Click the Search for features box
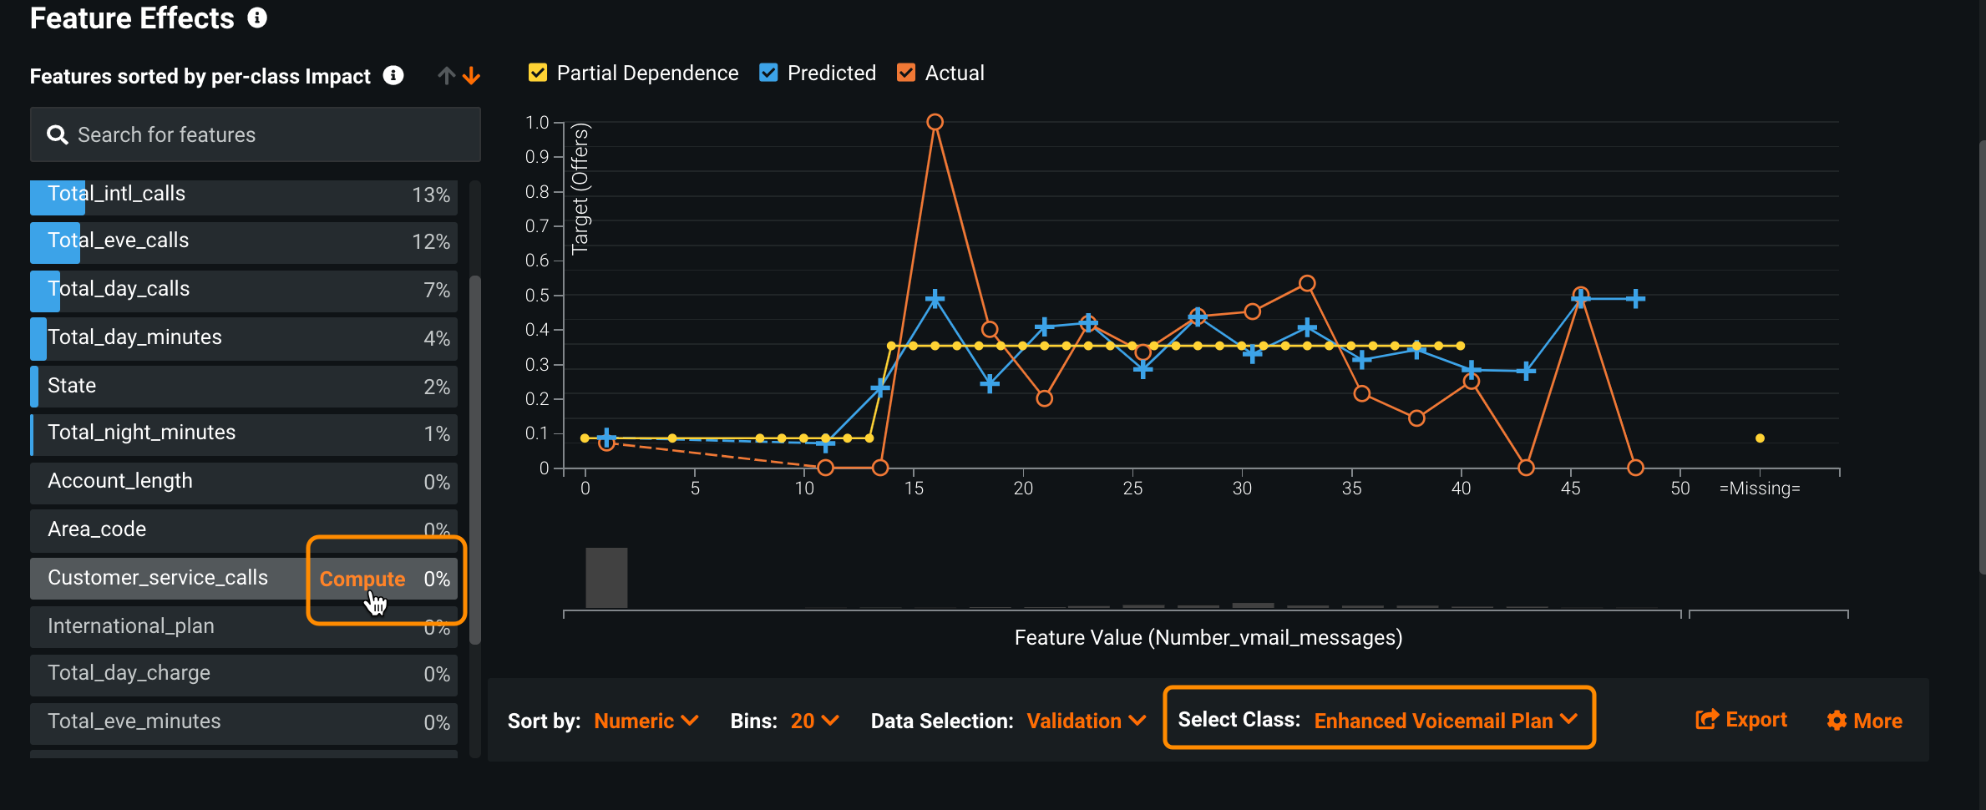click(255, 134)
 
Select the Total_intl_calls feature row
click(243, 195)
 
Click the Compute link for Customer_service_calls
click(362, 579)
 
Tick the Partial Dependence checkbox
click(538, 73)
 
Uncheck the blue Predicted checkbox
click(768, 73)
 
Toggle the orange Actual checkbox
click(906, 73)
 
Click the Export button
click(1741, 720)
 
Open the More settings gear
click(1864, 721)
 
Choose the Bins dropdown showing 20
click(813, 721)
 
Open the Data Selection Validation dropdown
click(1085, 721)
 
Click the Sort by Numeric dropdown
click(645, 721)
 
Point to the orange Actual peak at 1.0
click(935, 122)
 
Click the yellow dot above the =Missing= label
click(1760, 438)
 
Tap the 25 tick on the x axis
click(1132, 489)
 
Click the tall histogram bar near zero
click(606, 578)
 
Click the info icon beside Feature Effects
click(257, 18)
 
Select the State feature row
click(243, 386)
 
